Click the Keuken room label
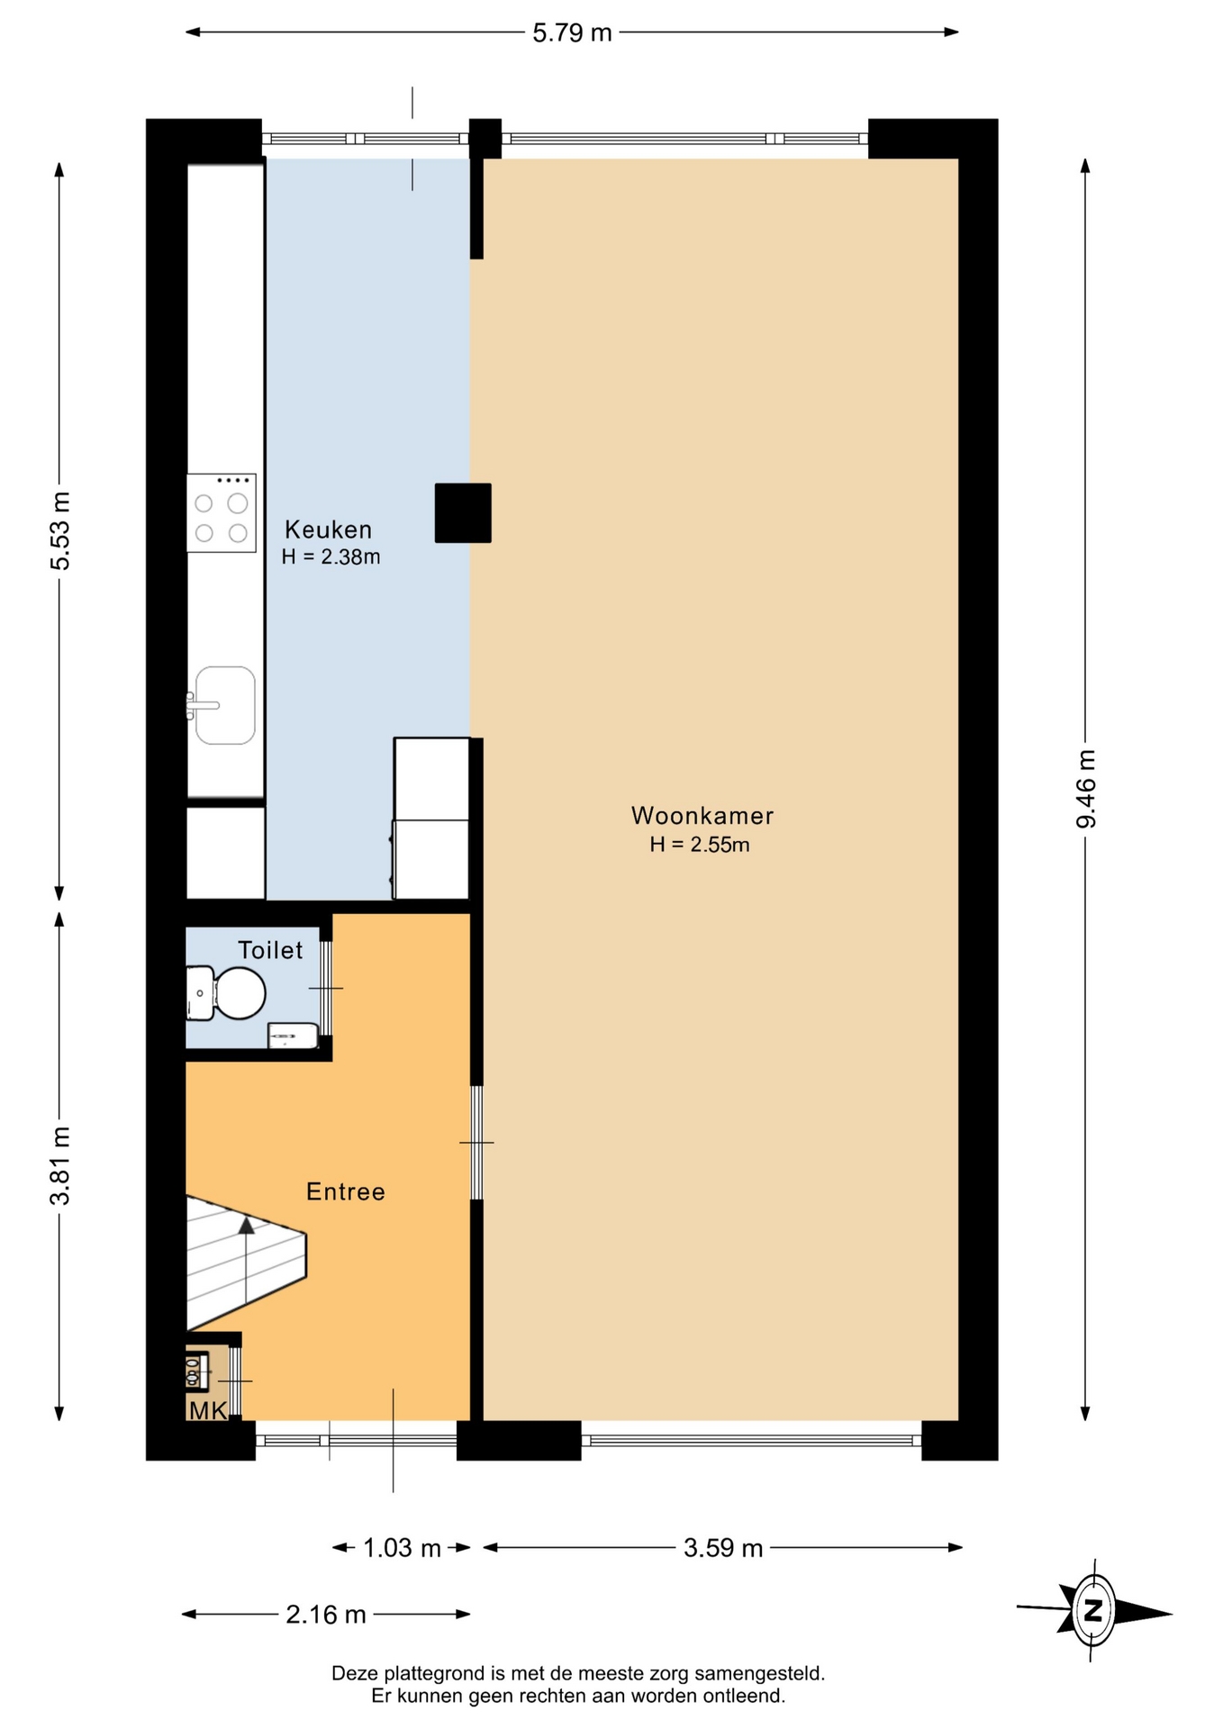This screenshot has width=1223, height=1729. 328,530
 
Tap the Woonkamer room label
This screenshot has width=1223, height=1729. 702,816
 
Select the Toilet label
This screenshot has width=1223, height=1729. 270,950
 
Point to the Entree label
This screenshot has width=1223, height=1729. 346,1191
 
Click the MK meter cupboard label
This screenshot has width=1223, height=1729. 207,1410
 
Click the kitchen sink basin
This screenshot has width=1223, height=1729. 225,705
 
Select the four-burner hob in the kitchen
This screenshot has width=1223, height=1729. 222,512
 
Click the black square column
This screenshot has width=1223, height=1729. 463,513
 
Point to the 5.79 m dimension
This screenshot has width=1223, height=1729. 572,33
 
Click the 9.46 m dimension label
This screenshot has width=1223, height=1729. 1086,789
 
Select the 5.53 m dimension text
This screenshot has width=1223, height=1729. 59,531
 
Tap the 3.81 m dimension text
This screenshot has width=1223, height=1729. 59,1165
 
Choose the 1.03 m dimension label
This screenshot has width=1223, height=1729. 402,1548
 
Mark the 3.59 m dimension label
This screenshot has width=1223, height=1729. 723,1548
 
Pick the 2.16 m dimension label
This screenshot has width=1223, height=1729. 326,1615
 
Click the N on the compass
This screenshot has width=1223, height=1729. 1093,1609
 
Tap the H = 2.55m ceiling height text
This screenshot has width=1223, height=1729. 700,845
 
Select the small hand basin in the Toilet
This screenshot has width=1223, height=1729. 294,1036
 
